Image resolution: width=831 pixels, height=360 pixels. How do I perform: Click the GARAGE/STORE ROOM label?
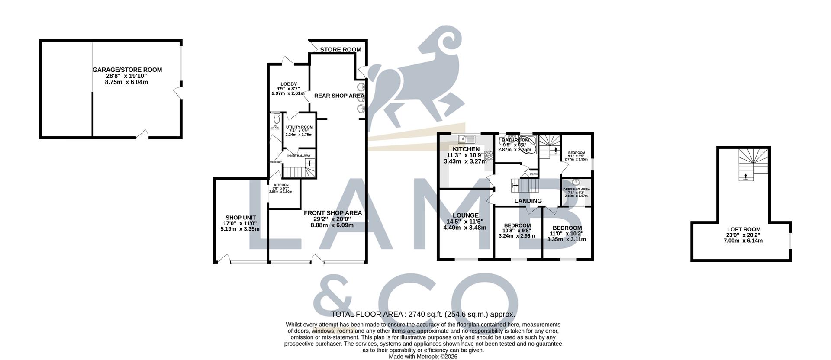[x=127, y=70]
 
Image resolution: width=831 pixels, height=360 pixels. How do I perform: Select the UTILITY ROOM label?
[x=299, y=127]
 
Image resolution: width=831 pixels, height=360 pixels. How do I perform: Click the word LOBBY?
[x=288, y=84]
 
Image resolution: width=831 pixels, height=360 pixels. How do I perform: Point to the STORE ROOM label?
[x=341, y=50]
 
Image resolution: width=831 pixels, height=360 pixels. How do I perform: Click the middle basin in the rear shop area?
[x=360, y=97]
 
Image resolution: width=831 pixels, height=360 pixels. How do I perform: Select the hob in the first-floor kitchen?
[x=489, y=155]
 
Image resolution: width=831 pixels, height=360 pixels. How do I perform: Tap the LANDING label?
[x=528, y=201]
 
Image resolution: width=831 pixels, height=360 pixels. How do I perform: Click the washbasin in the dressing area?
[x=576, y=182]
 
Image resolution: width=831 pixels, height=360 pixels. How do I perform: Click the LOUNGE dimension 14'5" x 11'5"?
[x=465, y=222]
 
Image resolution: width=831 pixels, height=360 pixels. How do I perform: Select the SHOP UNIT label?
[x=240, y=218]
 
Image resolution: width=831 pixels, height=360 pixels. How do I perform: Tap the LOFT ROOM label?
[x=744, y=230]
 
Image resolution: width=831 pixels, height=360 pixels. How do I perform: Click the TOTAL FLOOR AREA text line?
[x=423, y=315]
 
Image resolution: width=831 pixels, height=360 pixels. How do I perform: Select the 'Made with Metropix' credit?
[x=423, y=357]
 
